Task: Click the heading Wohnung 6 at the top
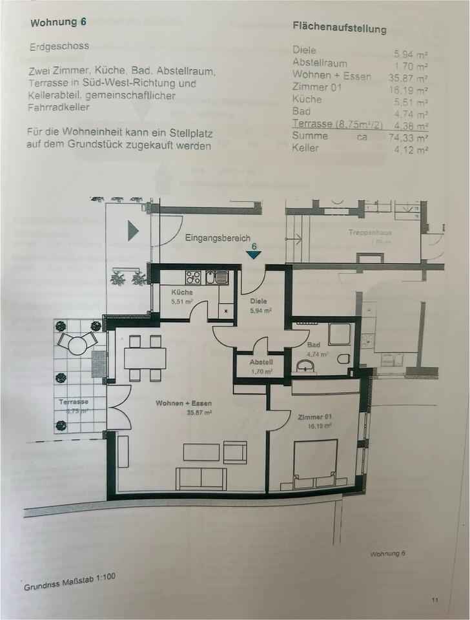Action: click(x=58, y=23)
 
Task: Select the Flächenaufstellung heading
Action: click(x=339, y=28)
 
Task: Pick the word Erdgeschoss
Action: click(x=59, y=47)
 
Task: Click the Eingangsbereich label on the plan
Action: click(x=217, y=238)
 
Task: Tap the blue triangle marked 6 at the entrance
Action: click(x=254, y=254)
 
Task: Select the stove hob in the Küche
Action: click(x=193, y=277)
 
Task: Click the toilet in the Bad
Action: click(x=343, y=359)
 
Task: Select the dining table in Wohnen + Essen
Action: click(x=145, y=358)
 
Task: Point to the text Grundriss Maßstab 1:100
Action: click(x=70, y=582)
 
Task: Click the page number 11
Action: click(x=436, y=600)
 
